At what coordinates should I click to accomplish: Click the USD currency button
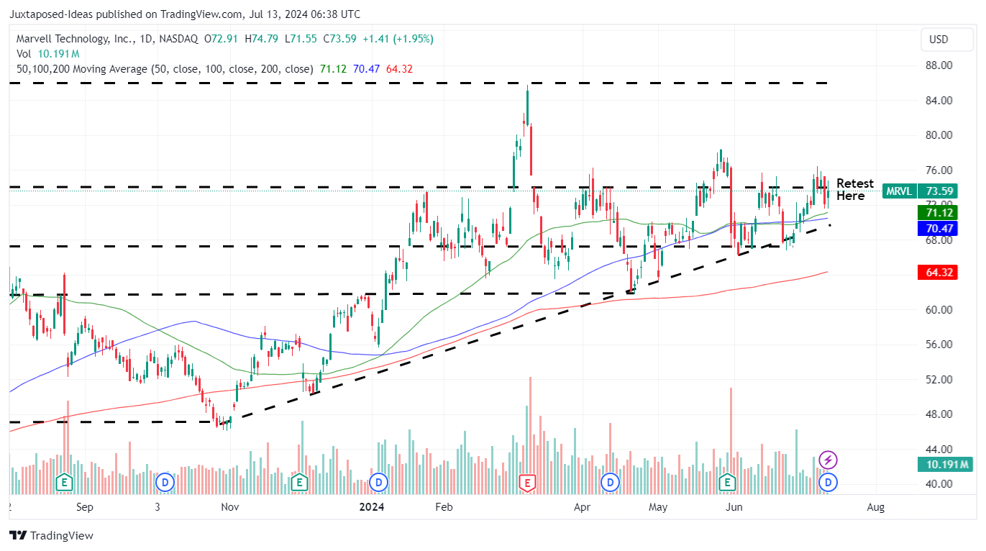point(939,40)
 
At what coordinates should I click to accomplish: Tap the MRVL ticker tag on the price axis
point(899,191)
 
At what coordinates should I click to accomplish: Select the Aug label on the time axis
point(875,507)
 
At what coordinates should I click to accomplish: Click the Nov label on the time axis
point(229,507)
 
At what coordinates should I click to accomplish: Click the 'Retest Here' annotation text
point(854,190)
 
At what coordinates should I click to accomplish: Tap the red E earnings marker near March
point(528,483)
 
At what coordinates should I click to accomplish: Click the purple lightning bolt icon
point(828,460)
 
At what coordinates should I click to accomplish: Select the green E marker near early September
point(65,481)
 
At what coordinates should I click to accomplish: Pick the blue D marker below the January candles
point(378,481)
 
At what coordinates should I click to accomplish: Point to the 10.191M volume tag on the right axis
point(944,465)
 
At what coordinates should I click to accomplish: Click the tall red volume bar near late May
point(731,432)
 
